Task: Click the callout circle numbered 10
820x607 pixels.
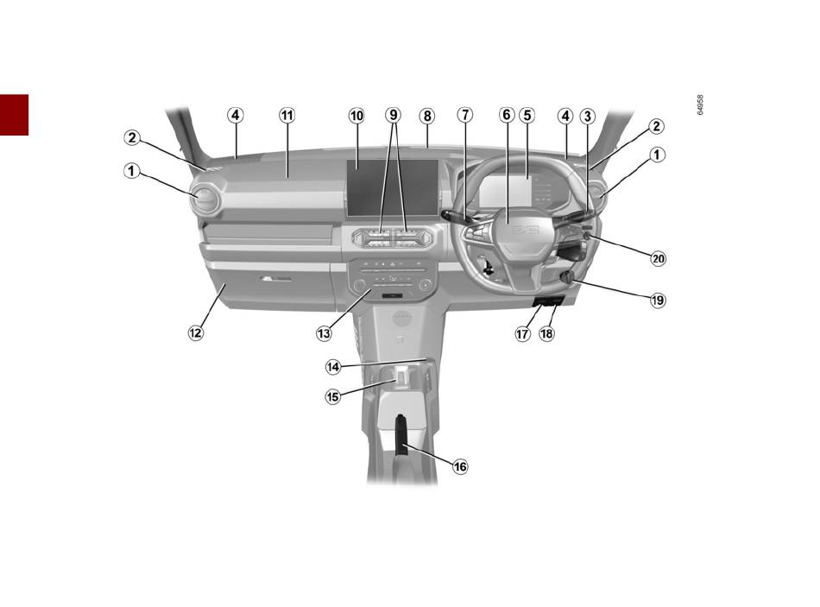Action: click(356, 116)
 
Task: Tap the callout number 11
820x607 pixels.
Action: click(287, 115)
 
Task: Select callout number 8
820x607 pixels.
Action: click(427, 117)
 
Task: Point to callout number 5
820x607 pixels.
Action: click(527, 115)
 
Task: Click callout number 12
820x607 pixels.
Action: click(196, 332)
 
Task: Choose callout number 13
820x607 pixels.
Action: click(324, 333)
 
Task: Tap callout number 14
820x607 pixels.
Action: click(333, 367)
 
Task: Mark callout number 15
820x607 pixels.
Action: click(332, 396)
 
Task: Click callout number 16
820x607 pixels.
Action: click(460, 466)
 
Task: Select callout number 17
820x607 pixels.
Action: click(523, 333)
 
